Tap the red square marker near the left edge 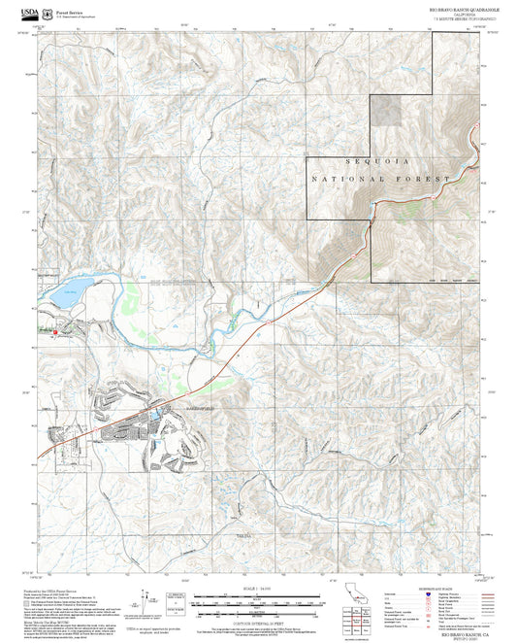pyautogui.click(x=55, y=332)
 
